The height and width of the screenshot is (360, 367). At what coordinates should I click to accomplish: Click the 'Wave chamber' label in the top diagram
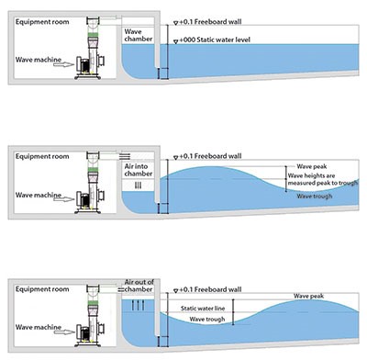(x=139, y=35)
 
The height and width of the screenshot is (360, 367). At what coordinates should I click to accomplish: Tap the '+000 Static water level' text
(x=215, y=39)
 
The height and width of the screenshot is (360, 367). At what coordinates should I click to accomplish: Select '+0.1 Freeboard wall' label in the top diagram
(x=210, y=22)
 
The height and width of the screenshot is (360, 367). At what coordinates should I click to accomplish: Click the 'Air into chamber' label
(x=139, y=170)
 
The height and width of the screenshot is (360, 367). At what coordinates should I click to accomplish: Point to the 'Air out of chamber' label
(x=139, y=286)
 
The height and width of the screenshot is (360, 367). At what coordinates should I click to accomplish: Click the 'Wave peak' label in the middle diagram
(x=312, y=166)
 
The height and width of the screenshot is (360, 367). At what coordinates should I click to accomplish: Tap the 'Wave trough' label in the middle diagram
(x=315, y=196)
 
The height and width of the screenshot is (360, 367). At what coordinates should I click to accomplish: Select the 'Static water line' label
(x=203, y=309)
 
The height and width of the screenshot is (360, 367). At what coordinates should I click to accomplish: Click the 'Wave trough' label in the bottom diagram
(x=207, y=320)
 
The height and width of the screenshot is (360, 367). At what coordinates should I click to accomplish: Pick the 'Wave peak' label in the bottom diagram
(x=308, y=296)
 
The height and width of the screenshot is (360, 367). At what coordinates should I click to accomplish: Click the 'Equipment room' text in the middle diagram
(x=42, y=156)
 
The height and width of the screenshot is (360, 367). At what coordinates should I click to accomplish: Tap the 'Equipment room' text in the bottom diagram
(x=42, y=289)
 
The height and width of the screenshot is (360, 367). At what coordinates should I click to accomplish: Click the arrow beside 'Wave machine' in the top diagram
(x=64, y=64)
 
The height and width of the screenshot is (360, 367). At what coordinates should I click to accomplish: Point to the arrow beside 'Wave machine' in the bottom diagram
(x=64, y=332)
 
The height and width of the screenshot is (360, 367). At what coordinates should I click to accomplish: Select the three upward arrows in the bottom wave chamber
(x=138, y=305)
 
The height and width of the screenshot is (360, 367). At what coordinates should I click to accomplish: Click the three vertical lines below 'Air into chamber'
(x=139, y=186)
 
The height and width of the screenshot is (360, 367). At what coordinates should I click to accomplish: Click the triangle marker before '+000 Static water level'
(x=176, y=41)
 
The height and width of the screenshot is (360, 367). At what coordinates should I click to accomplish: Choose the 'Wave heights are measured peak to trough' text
(x=323, y=179)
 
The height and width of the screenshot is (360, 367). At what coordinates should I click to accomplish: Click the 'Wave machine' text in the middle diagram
(x=39, y=195)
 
